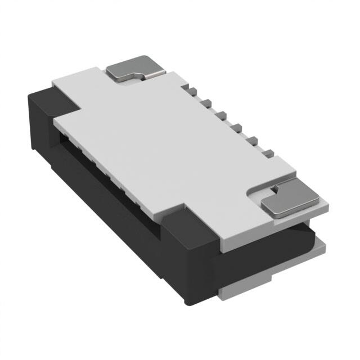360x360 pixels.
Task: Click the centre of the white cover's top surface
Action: tap(174, 141)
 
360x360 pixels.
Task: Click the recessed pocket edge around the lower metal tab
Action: tap(256, 194)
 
